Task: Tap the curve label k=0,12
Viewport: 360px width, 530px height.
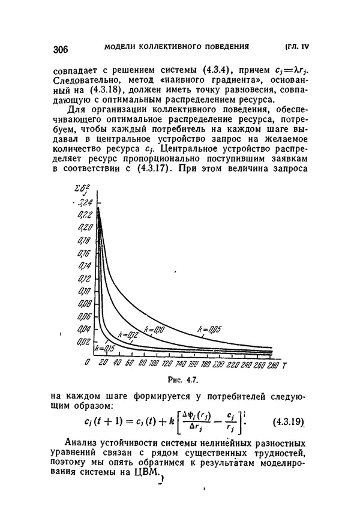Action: click(129, 336)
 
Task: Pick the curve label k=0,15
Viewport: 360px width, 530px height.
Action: click(104, 348)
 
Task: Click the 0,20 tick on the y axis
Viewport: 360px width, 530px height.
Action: click(86, 227)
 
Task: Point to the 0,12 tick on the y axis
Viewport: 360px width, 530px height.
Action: click(86, 279)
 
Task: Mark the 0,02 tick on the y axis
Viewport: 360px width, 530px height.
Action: click(86, 342)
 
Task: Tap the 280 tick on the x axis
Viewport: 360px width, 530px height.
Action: click(273, 364)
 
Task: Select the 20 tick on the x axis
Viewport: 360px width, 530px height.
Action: click(102, 364)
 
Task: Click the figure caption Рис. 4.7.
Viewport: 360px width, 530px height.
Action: click(184, 381)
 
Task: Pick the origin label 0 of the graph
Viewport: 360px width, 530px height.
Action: click(88, 364)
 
